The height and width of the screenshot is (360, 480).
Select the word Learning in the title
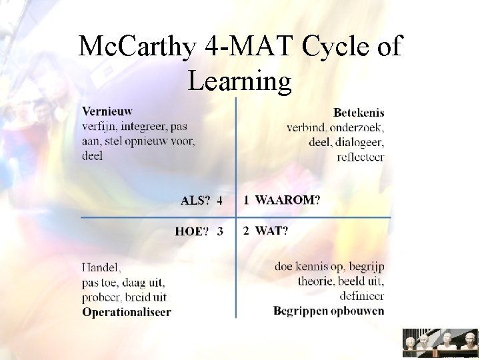(x=240, y=81)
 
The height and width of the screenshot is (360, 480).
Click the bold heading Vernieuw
(x=107, y=112)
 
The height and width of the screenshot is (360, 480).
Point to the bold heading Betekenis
(x=359, y=113)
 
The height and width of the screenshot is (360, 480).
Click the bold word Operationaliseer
(x=127, y=311)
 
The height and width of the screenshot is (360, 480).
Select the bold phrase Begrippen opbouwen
(x=329, y=311)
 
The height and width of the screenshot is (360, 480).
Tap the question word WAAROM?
(x=287, y=199)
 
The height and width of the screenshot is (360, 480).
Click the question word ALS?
(x=196, y=200)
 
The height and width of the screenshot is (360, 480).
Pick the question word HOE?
(x=191, y=231)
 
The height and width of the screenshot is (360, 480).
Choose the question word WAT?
(x=272, y=231)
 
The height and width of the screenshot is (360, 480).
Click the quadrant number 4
(x=220, y=200)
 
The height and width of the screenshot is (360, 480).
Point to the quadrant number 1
(x=247, y=199)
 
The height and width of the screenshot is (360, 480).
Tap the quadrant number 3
(x=220, y=231)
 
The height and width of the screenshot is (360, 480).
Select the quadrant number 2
(x=247, y=231)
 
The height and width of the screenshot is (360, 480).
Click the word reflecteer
(x=361, y=157)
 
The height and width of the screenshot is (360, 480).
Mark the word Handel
(x=102, y=268)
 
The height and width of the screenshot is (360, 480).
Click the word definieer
(x=362, y=296)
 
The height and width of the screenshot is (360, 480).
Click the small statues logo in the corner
(x=440, y=343)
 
